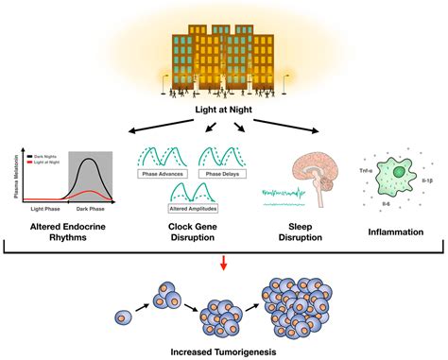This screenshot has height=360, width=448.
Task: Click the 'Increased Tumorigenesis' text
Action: click(x=223, y=351)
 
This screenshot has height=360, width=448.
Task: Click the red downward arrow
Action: click(x=223, y=259)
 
